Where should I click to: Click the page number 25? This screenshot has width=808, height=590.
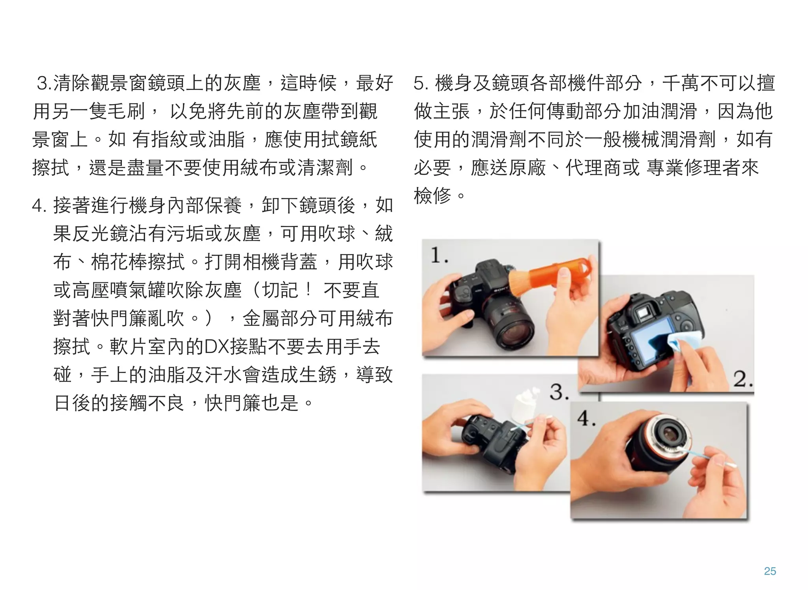770,571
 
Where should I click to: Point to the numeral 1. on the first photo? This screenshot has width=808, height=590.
439,255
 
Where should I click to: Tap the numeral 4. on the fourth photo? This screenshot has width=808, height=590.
586,418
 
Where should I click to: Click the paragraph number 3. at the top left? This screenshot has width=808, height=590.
44,83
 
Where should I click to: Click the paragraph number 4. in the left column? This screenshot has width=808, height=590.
39,205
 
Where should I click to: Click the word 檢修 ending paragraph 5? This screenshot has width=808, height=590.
432,195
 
